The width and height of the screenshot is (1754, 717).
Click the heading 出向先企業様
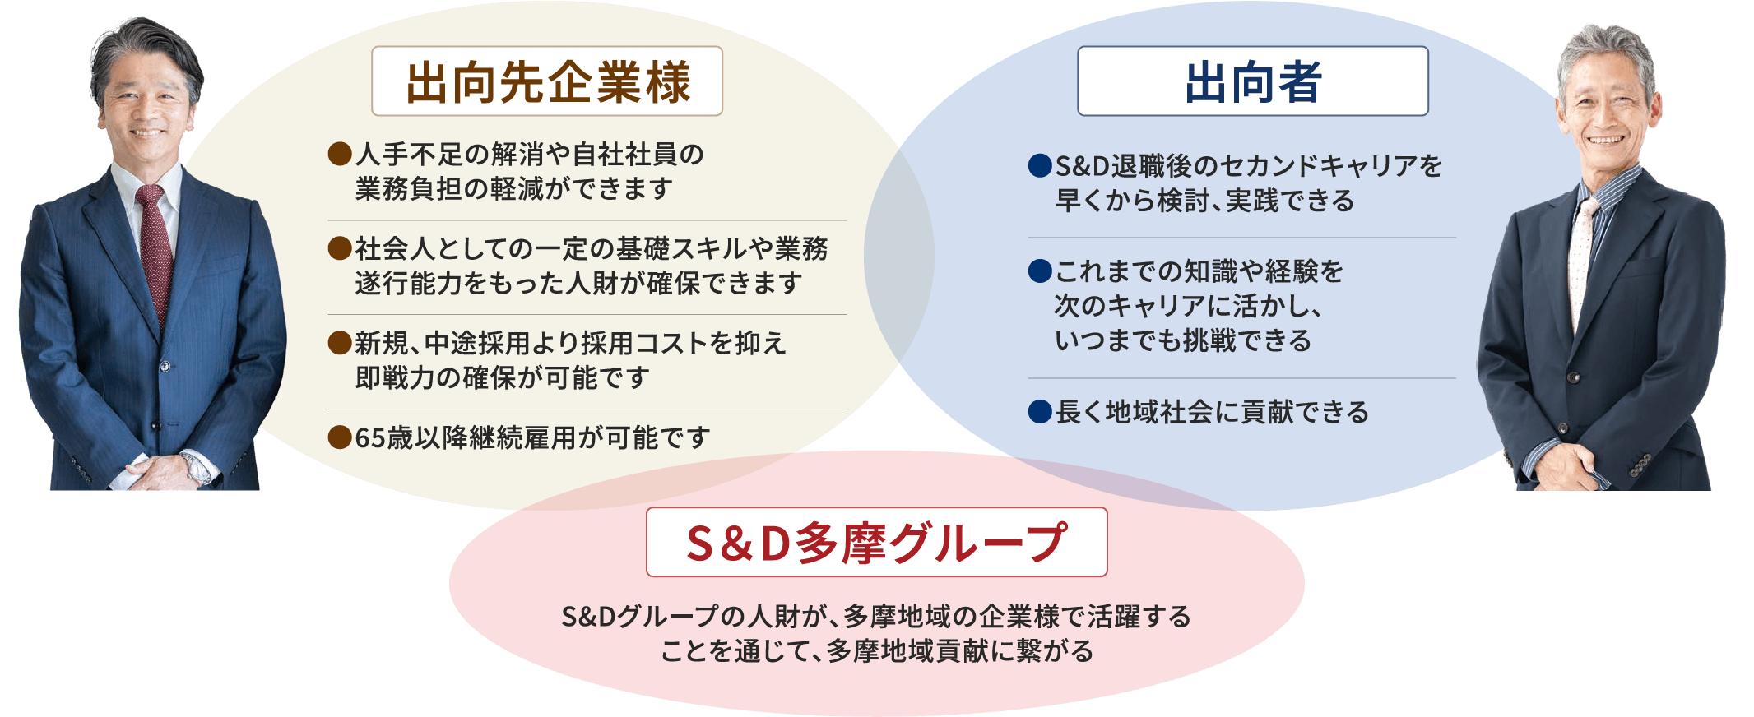[548, 82]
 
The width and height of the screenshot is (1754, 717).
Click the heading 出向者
[1253, 82]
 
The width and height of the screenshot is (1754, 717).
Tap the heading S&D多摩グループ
[877, 543]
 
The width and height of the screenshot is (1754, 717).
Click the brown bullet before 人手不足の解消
[340, 154]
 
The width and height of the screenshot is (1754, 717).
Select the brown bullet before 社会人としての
[340, 247]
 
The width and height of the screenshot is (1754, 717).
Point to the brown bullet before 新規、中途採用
[340, 342]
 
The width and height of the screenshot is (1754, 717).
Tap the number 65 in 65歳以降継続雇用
[371, 437]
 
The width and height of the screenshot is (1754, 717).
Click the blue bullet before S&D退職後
[1040, 165]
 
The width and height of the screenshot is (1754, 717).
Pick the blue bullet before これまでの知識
[1040, 271]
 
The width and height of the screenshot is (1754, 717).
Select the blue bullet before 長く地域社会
[1040, 411]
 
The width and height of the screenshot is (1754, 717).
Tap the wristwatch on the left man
[197, 468]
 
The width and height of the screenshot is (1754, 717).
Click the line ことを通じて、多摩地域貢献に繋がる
[877, 650]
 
